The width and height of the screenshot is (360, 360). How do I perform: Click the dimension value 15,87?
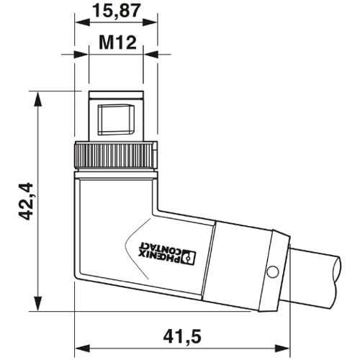click(x=115, y=11)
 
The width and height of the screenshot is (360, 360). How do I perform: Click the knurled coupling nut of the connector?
click(x=115, y=153)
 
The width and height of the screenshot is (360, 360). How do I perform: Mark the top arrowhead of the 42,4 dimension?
click(x=36, y=97)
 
